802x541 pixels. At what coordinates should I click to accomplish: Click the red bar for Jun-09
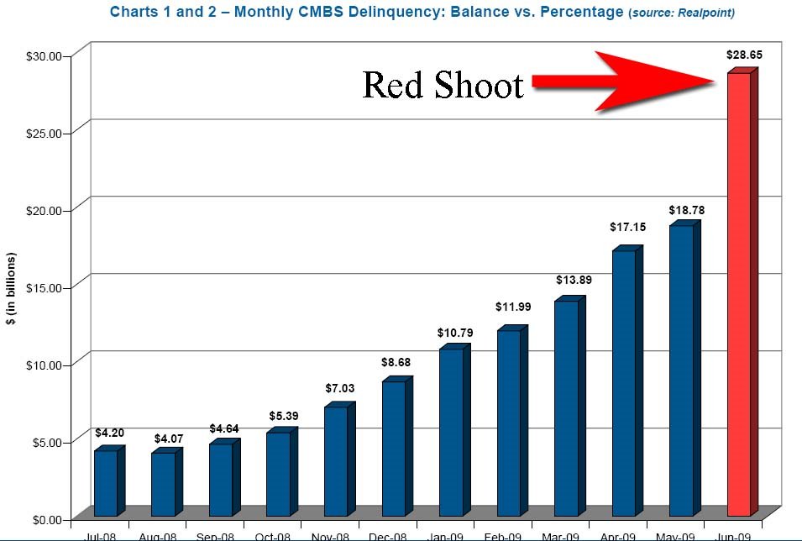[x=739, y=294]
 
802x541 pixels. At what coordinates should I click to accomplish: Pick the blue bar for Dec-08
[x=393, y=449]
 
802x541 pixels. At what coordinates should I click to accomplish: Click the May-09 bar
[x=681, y=370]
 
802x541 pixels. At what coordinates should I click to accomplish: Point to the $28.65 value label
[x=744, y=55]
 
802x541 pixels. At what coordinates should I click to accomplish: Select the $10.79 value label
[x=455, y=333]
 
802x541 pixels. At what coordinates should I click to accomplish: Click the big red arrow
[x=638, y=81]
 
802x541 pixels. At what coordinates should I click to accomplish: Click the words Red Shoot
[x=443, y=85]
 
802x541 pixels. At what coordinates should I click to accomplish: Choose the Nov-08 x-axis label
[x=330, y=536]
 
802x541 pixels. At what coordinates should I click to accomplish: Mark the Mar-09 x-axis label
[x=559, y=536]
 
